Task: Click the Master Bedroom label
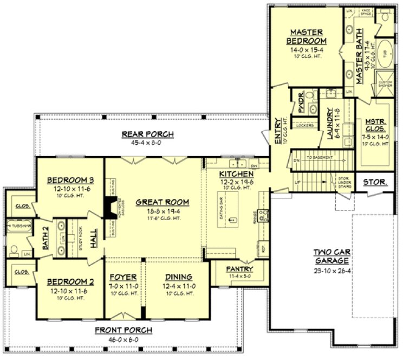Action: tap(307, 36)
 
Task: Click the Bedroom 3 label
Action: tap(68, 181)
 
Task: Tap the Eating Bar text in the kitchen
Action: tap(222, 208)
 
